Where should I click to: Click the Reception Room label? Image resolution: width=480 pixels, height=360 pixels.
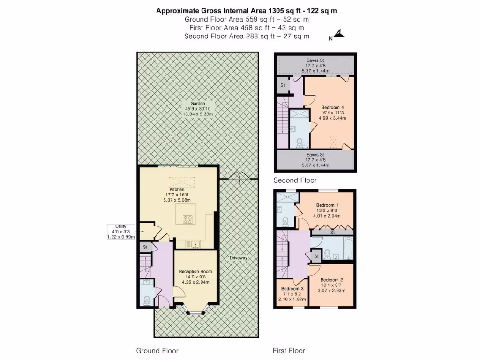click(x=195, y=271)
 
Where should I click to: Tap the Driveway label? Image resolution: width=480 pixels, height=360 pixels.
click(x=238, y=258)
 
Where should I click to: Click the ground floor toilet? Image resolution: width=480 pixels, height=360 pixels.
click(x=147, y=300)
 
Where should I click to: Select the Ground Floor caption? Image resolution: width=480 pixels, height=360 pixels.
click(x=157, y=351)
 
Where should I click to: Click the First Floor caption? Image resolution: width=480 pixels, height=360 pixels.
click(x=289, y=351)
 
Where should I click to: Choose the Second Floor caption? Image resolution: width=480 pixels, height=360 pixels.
click(x=295, y=180)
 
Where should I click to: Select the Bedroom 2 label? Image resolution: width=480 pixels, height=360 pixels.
click(x=332, y=280)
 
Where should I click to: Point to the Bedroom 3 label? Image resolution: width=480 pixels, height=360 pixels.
click(x=292, y=288)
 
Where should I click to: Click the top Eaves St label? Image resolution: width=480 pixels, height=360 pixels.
click(x=315, y=60)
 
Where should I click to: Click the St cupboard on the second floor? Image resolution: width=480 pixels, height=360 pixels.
click(x=283, y=85)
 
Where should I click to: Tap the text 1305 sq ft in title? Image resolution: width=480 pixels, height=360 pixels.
click(x=286, y=10)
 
